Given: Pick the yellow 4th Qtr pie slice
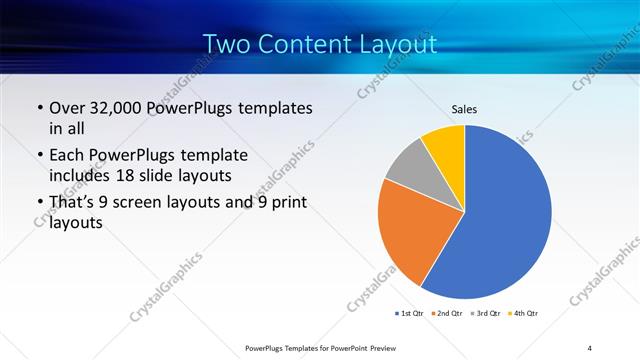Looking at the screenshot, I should coord(444,146).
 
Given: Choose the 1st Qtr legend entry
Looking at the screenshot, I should coord(410,313).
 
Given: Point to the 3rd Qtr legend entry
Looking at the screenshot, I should coord(487,313).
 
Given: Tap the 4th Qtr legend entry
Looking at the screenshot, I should coord(524,313).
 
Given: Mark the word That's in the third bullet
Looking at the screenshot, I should coord(75,204).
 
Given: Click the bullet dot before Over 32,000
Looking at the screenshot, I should coord(39,109).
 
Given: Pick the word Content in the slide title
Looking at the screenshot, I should coord(305,44).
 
